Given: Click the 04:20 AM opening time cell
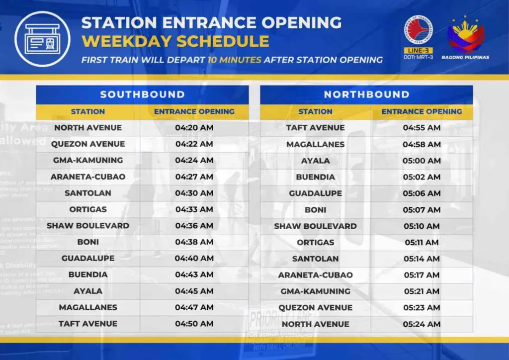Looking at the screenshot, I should click(194, 128).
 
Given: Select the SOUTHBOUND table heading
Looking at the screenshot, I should click(142, 94).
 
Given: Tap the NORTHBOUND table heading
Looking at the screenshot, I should click(366, 94).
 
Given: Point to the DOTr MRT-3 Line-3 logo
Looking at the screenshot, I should click(418, 38).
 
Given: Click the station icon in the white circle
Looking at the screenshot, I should click(43, 38).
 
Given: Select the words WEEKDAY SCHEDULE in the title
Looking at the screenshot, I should click(175, 41).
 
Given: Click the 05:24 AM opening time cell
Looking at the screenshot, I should click(422, 324).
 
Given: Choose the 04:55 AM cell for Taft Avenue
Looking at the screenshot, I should click(422, 128).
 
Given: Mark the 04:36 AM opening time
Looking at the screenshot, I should click(194, 226).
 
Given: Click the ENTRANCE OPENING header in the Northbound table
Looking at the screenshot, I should click(422, 111).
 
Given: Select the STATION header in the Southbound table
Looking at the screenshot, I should click(88, 111).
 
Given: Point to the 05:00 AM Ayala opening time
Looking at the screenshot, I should click(422, 161).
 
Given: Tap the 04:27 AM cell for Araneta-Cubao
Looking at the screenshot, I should click(194, 177).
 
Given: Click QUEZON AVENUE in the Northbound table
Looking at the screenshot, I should click(315, 308).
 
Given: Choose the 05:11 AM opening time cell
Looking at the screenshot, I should click(422, 243).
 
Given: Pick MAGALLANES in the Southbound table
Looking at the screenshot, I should click(88, 307).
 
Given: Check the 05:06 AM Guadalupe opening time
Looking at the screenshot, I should click(422, 193).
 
